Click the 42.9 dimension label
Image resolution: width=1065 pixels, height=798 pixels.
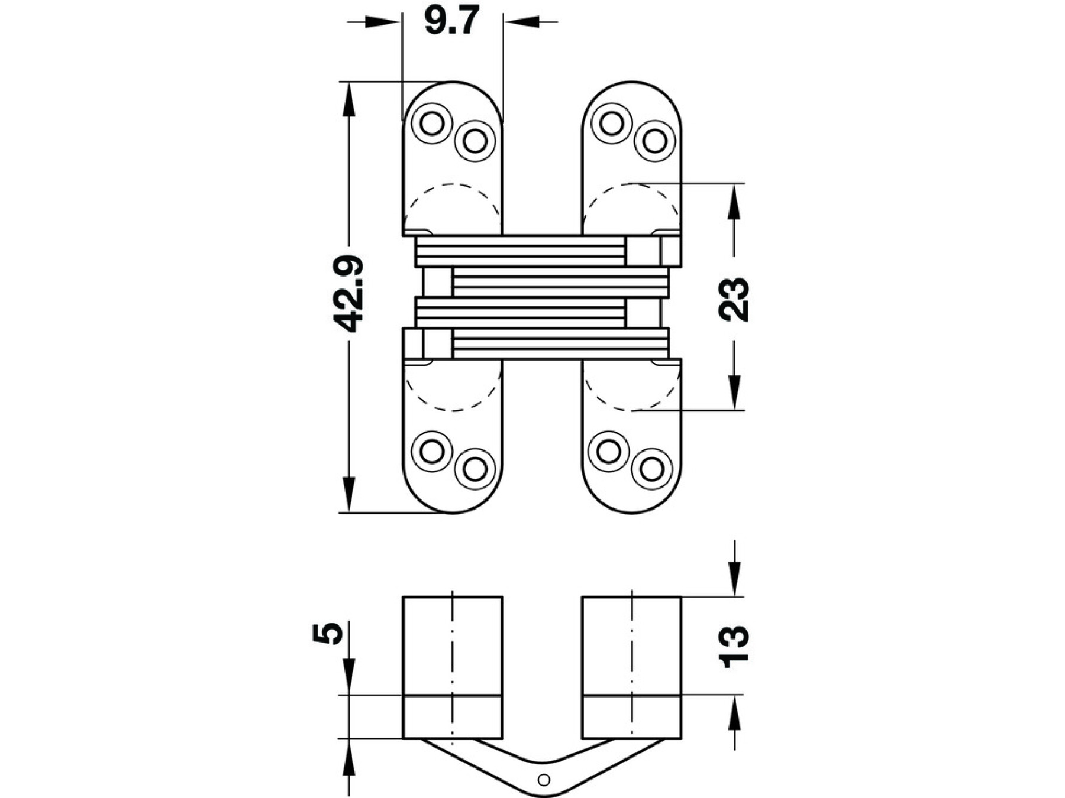pos(347,293)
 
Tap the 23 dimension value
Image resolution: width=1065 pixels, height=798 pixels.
pos(734,299)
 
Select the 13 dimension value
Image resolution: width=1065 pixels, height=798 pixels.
pos(734,646)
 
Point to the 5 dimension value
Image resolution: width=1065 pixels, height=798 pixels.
pos(327,633)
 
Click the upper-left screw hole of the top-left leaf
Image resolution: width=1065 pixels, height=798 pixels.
pos(431,124)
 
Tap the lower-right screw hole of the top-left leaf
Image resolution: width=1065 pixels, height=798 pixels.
pos(475,141)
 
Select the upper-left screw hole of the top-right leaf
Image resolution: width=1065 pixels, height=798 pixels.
pos(612,123)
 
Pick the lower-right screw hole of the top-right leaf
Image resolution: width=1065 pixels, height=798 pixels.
pos(654,141)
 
